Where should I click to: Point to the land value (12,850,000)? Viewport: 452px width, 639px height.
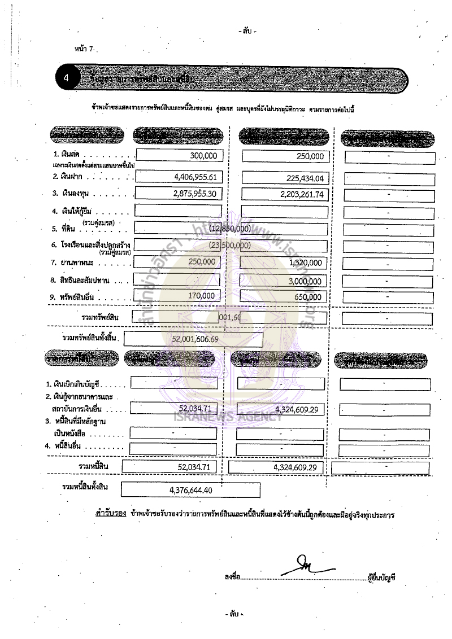(x=230, y=229)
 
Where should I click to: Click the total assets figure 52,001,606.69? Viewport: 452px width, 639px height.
(x=195, y=339)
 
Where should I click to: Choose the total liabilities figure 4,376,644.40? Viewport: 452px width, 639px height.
(x=191, y=490)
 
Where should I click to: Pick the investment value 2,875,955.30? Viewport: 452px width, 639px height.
(x=194, y=195)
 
